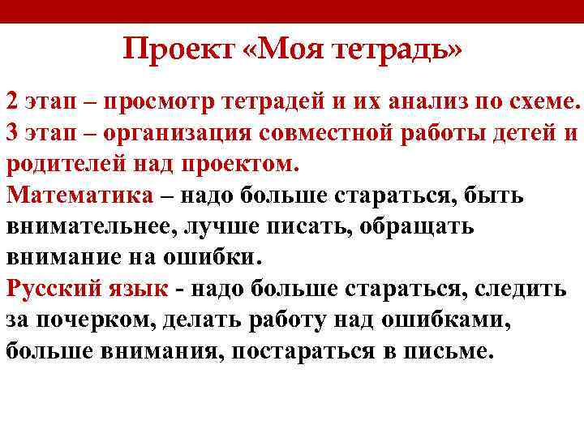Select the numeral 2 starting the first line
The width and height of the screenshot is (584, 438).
12,103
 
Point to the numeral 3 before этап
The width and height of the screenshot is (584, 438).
12,133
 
